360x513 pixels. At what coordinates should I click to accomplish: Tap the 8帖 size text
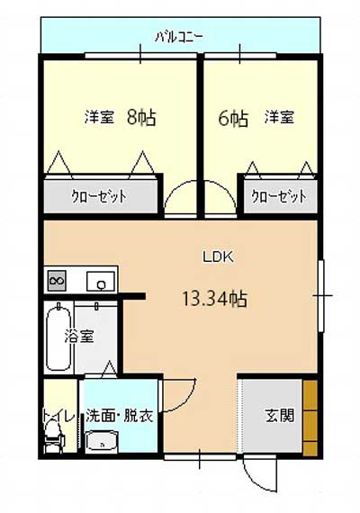(x=141, y=118)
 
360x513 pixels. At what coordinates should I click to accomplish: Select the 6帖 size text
(x=233, y=119)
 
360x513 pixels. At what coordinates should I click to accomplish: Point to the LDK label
(x=218, y=257)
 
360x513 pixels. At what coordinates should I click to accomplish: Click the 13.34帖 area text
(x=214, y=299)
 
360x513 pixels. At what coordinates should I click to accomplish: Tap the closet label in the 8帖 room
(x=99, y=196)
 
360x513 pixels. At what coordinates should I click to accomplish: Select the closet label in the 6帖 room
(x=279, y=196)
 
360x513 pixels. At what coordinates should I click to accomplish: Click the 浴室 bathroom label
(x=79, y=336)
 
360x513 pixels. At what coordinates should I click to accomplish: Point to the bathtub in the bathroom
(x=58, y=337)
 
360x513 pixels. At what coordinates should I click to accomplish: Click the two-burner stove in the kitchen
(x=57, y=281)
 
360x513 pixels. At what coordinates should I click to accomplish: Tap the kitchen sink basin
(x=101, y=282)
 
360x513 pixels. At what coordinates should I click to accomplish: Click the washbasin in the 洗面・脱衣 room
(x=102, y=442)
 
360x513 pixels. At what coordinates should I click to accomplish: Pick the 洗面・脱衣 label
(x=120, y=417)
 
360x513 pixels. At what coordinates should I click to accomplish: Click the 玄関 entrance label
(x=280, y=416)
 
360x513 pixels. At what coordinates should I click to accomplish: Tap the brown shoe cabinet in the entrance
(x=310, y=418)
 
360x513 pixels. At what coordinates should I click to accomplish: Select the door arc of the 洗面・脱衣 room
(x=186, y=400)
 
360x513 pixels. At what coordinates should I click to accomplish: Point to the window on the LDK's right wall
(x=321, y=296)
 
